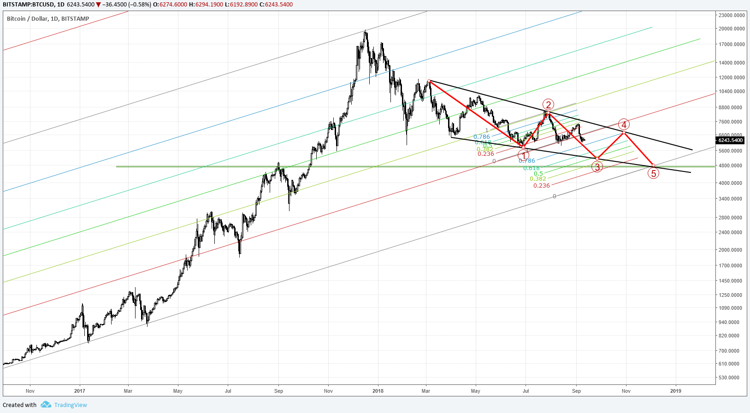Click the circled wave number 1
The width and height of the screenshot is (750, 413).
(523, 155)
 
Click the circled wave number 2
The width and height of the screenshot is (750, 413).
(548, 105)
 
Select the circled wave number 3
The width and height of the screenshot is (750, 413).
(597, 167)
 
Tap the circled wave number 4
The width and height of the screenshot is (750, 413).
(624, 124)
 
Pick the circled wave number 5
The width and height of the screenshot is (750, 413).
(653, 173)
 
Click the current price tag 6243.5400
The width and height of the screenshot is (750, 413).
(731, 140)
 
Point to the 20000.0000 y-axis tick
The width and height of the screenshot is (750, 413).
(732, 29)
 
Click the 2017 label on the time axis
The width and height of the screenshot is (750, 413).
(80, 391)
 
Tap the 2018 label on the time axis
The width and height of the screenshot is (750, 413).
(378, 391)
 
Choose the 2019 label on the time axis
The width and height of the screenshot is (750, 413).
(676, 391)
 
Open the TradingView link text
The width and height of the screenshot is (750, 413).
(71, 405)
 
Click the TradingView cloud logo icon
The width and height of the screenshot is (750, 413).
(46, 405)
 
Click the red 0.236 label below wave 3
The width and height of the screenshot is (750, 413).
(542, 186)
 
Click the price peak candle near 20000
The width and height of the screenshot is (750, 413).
(366, 32)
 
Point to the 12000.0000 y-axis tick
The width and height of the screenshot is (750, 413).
(732, 77)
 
